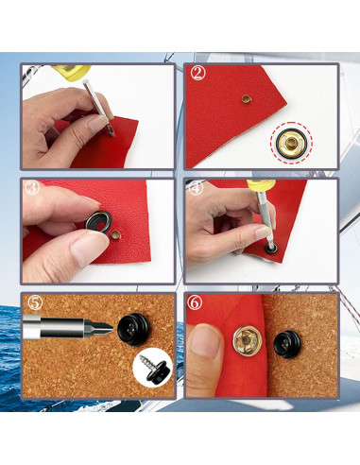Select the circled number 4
pos(197,187)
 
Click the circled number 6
pos(197,303)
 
